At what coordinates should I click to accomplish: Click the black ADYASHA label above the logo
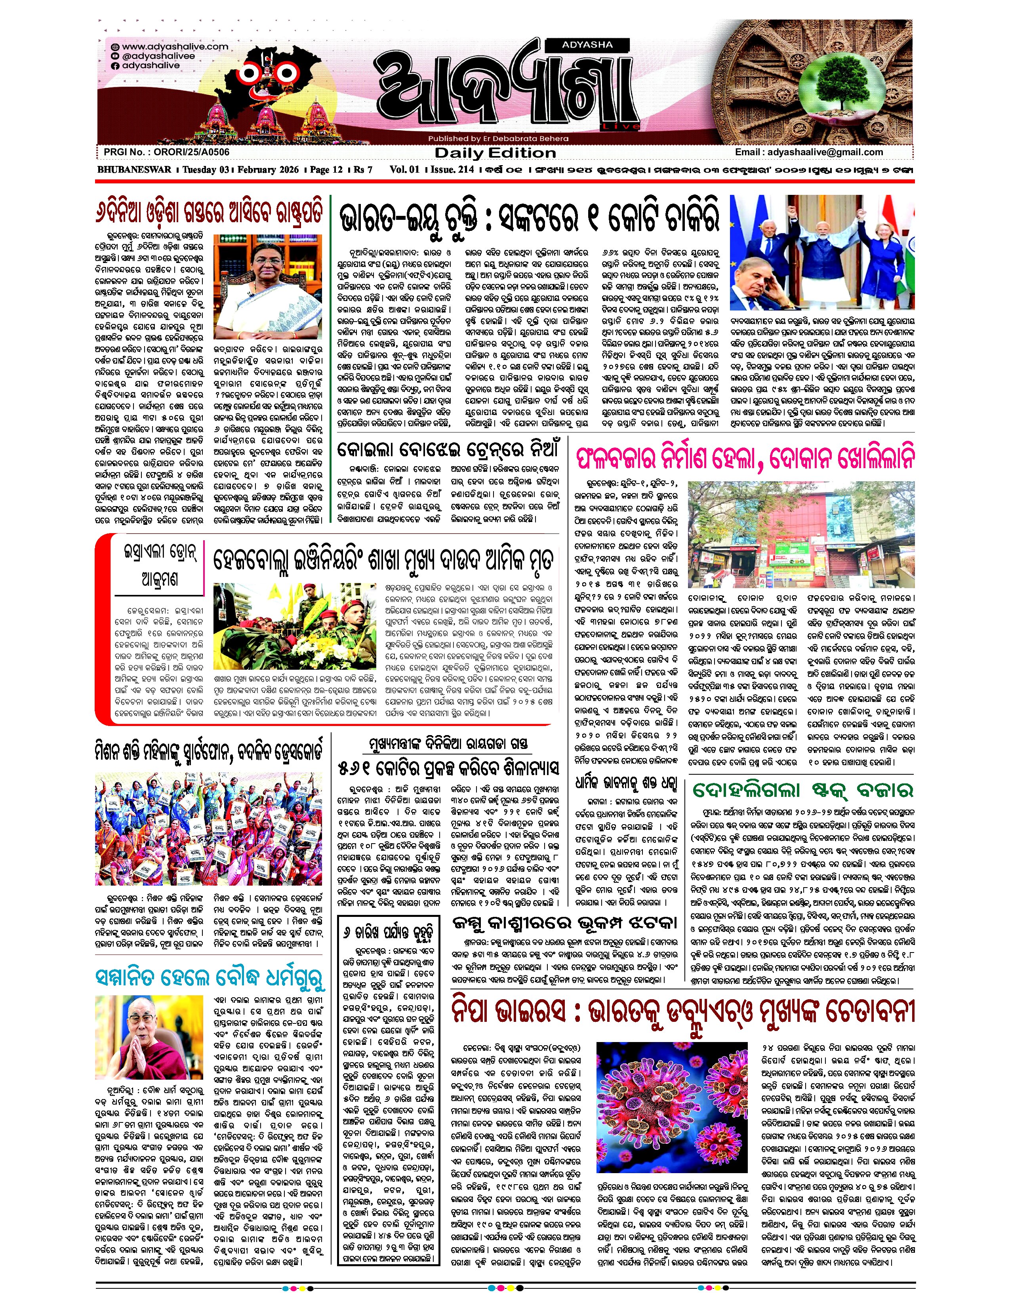(587, 44)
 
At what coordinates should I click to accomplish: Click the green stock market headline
(802, 791)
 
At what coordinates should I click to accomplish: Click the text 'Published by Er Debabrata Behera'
(498, 138)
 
